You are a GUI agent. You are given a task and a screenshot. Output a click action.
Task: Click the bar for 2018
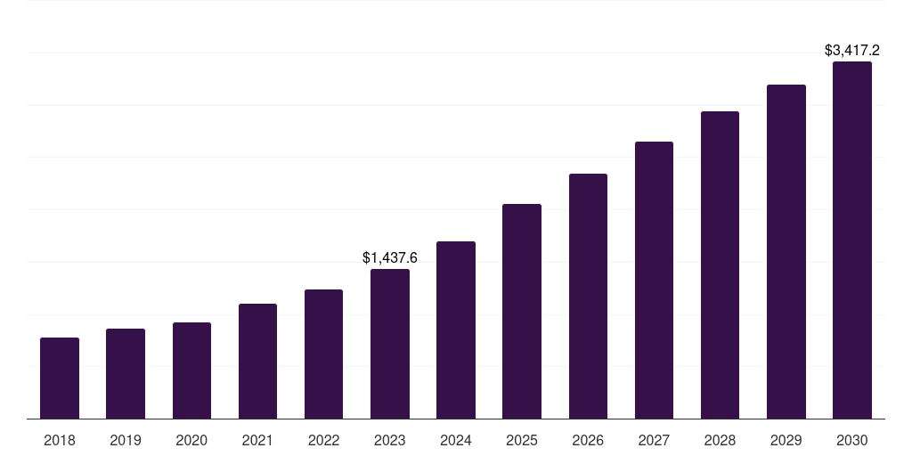point(60,379)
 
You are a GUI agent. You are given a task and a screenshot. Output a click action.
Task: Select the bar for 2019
point(126,374)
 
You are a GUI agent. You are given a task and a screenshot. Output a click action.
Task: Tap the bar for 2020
point(191,370)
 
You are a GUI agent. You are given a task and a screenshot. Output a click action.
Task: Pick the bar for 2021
point(257,362)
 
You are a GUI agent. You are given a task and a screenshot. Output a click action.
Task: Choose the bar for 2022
point(323,354)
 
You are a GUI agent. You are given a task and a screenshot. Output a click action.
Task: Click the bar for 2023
point(390,344)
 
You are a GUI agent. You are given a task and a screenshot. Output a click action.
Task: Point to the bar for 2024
point(456,330)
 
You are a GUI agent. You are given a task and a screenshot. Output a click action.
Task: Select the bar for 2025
point(522,312)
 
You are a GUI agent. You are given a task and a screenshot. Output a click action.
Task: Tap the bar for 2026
point(588,297)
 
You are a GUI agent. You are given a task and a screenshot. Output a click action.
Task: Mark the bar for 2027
point(654,281)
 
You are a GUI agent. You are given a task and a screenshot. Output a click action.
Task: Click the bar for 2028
point(720,265)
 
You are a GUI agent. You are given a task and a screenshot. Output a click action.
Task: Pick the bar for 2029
point(786,252)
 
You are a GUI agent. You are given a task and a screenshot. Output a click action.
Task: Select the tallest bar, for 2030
point(852,240)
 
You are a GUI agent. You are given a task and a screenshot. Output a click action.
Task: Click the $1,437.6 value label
point(390,258)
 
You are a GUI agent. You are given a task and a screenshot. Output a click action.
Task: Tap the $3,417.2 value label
point(852,51)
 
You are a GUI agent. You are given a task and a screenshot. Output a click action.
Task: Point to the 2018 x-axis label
point(60,440)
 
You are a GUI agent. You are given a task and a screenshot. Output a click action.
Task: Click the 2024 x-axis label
point(456,440)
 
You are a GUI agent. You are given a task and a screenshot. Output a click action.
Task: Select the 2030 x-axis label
point(852,440)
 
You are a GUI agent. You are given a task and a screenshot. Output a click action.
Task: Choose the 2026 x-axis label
point(588,440)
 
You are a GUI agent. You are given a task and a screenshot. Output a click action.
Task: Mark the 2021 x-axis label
point(257,440)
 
